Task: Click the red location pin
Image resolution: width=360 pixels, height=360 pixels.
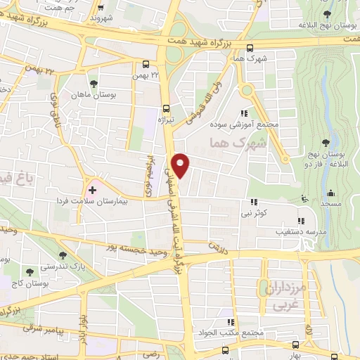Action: tap(181, 165)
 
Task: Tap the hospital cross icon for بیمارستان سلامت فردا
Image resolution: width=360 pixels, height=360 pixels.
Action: tap(93, 190)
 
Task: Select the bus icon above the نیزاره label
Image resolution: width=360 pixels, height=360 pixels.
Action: tap(167, 109)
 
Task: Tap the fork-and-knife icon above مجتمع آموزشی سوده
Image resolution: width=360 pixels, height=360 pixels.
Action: tap(244, 112)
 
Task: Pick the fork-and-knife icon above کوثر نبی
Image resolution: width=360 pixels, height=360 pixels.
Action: tap(254, 201)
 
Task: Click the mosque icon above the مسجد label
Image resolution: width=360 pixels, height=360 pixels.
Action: tap(330, 193)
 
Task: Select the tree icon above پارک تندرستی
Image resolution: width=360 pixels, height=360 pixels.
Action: tap(64, 257)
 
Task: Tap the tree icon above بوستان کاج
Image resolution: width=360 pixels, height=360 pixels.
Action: tap(30, 272)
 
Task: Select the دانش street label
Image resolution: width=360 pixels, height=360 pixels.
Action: tap(214, 246)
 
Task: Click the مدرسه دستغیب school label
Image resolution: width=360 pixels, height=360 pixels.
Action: tap(300, 230)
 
